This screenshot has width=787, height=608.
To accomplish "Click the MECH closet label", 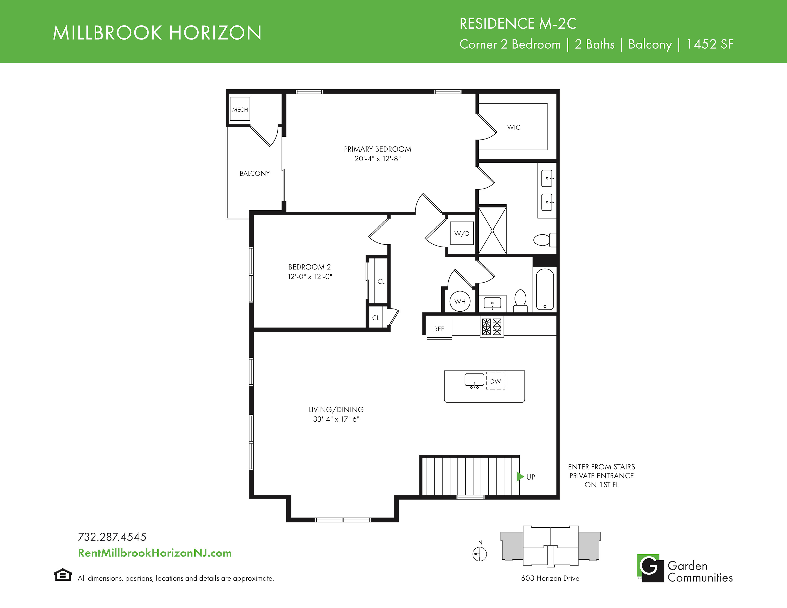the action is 240,109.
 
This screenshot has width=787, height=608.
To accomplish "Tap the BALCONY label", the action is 255,173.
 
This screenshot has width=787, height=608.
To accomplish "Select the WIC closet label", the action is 513,127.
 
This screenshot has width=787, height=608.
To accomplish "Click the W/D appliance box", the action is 462,233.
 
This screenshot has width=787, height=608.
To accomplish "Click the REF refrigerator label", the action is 439,329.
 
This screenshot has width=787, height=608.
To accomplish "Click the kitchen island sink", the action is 474,380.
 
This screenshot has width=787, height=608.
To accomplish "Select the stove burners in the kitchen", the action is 492,327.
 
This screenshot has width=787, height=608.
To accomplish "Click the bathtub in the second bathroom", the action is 545,289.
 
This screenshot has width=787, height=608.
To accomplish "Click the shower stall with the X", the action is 492,230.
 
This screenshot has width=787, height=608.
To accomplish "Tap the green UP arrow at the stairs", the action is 520,477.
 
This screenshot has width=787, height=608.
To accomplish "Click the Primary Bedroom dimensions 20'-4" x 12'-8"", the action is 378,159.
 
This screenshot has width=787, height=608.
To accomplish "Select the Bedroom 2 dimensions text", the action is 310,277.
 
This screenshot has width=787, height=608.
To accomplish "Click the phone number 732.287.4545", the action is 112,537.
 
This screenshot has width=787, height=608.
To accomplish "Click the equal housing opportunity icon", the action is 63,575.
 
